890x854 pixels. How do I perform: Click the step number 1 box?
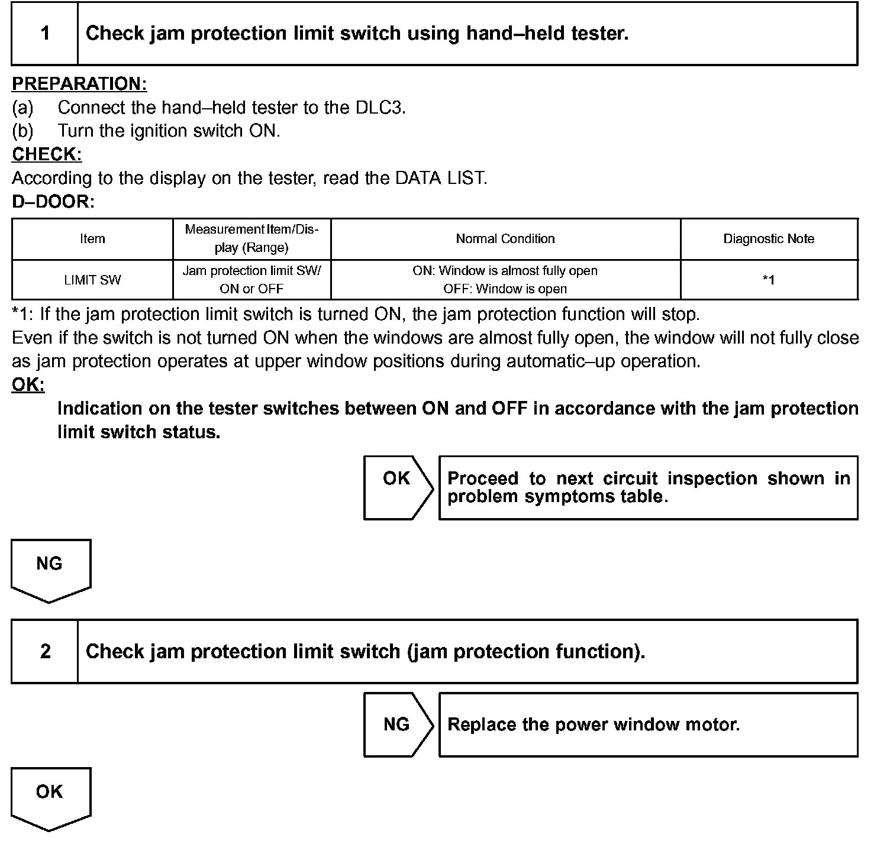(x=45, y=34)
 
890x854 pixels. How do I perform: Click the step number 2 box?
(x=45, y=652)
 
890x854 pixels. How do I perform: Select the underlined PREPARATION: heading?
(x=79, y=84)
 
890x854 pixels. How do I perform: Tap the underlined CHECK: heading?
(x=47, y=154)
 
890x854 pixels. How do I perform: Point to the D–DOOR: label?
(x=53, y=202)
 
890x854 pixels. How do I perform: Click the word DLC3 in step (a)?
(x=380, y=108)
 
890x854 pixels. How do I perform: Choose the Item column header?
(x=92, y=239)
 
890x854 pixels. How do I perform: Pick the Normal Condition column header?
(x=505, y=239)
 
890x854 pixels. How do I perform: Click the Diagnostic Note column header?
(x=769, y=239)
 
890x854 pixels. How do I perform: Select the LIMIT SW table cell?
(x=92, y=280)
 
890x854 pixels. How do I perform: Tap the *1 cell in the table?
(x=769, y=280)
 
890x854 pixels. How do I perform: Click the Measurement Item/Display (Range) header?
(x=251, y=238)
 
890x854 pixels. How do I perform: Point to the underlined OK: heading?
(x=28, y=385)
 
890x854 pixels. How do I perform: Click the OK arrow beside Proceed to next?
(x=397, y=487)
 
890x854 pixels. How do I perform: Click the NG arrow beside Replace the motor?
(x=397, y=724)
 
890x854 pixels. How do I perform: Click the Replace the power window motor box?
(x=648, y=724)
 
